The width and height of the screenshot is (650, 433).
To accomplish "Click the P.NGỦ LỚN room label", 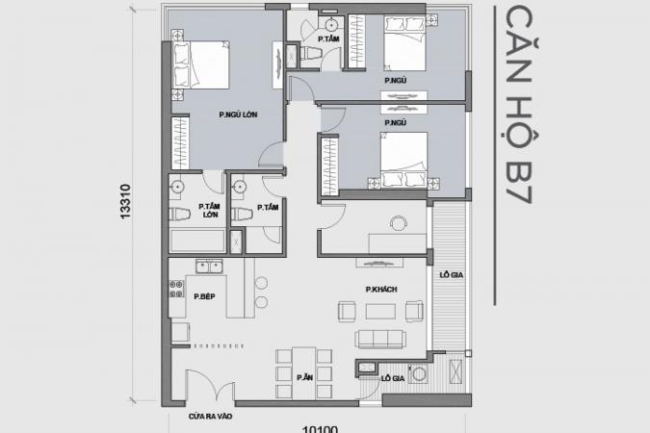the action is click(238, 115).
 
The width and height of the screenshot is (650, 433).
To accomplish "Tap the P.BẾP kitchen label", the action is click(204, 296).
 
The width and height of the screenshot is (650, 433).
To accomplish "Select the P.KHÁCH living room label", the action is click(381, 290).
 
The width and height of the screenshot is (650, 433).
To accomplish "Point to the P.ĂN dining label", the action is click(304, 377).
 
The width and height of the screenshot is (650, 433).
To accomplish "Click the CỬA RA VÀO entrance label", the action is click(210, 416).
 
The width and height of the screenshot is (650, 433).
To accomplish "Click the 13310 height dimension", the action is click(125, 202).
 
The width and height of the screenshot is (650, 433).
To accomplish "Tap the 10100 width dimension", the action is click(320, 429).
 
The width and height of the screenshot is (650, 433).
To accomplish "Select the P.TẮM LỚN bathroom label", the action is click(209, 210).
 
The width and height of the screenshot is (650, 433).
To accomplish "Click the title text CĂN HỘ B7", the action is click(518, 105).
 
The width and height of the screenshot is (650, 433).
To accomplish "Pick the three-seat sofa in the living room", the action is click(380, 339).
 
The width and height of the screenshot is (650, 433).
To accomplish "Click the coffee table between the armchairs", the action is click(380, 312).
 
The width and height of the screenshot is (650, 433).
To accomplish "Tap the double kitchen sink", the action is click(209, 267).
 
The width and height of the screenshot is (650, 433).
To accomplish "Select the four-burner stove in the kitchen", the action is click(176, 289).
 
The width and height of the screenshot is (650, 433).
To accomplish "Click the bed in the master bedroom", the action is click(200, 65).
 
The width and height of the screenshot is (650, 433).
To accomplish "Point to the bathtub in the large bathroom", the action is click(197, 241).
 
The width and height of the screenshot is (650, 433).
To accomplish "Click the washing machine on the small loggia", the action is click(419, 373).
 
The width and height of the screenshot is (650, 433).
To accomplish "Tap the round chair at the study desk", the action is click(399, 224).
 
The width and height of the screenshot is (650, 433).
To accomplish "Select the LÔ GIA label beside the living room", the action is click(452, 275).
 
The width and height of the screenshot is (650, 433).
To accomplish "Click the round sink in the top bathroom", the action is click(332, 25).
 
